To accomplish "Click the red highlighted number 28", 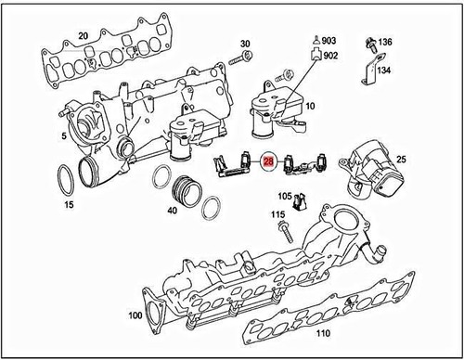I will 268,161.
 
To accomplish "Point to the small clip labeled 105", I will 288,205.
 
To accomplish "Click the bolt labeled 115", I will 277,229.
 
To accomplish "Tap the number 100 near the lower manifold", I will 135,316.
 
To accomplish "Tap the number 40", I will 172,211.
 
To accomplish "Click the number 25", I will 402,159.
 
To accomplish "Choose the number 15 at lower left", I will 66,203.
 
